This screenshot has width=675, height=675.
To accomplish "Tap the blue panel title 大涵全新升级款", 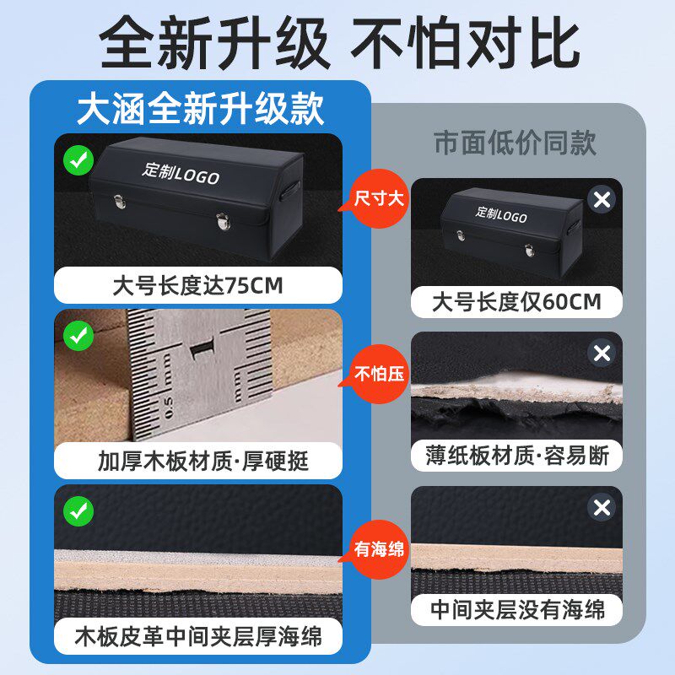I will point(200,109).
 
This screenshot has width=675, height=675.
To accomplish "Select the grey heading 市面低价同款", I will point(515,143).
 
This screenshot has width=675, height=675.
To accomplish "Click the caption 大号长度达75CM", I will point(197,285).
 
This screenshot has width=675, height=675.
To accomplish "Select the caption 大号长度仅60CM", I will point(516,301).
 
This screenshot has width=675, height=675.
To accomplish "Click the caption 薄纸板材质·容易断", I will point(516,456).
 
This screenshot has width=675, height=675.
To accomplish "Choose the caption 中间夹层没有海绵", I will point(516,609).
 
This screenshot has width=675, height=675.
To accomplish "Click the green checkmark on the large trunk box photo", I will point(79,160).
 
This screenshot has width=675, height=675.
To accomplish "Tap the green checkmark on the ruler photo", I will point(79,337).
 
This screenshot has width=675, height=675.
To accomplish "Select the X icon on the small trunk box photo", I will point(601,201).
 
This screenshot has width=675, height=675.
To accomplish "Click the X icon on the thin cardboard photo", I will point(601,354).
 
